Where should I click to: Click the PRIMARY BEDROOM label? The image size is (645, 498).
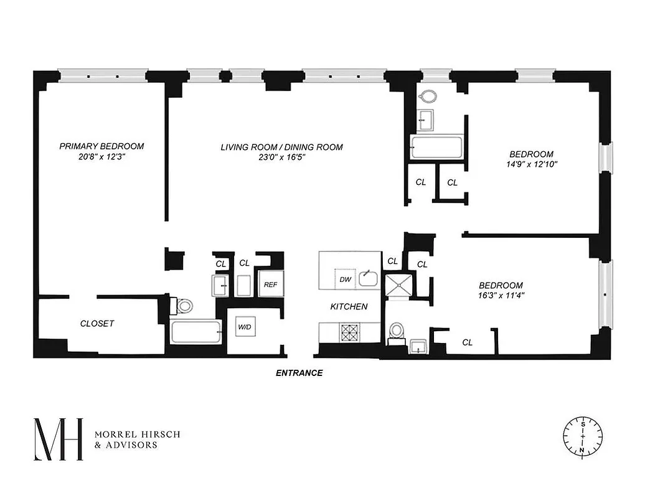click(101, 146)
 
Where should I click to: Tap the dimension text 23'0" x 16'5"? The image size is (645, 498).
click(281, 157)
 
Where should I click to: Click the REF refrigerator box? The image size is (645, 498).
click(270, 284)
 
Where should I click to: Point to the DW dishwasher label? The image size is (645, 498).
click(346, 280)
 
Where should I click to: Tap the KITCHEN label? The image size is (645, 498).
click(349, 307)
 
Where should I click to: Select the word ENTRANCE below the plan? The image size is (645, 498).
click(299, 374)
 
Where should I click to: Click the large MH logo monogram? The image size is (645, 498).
click(57, 439)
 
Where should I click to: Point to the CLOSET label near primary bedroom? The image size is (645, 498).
click(97, 324)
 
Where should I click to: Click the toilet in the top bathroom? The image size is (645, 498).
click(428, 97)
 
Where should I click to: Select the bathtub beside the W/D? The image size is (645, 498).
click(195, 332)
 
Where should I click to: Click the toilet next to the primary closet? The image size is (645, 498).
click(184, 306)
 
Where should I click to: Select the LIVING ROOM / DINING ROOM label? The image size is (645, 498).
click(281, 147)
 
